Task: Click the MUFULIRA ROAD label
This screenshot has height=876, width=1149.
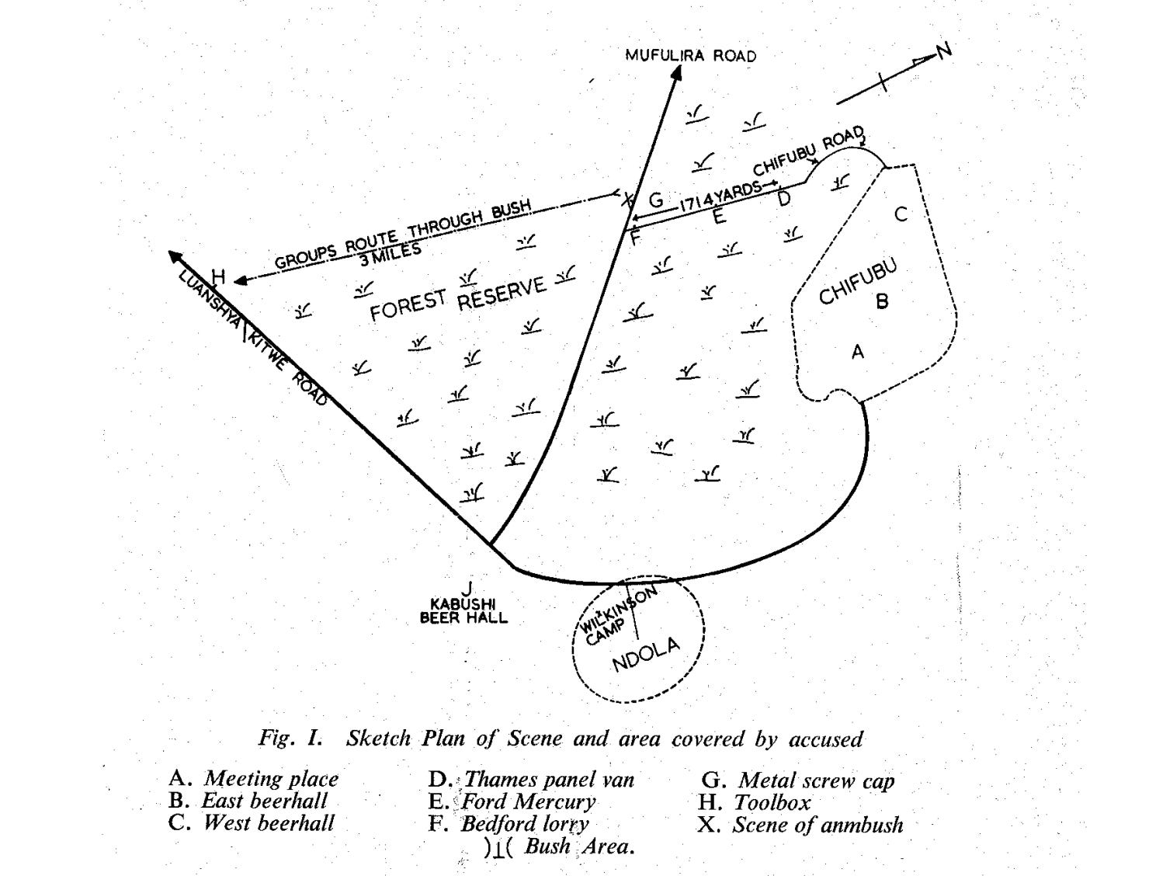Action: [x=690, y=55]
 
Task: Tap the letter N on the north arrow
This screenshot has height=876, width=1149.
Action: [x=942, y=51]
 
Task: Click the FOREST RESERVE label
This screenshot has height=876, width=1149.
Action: [x=458, y=295]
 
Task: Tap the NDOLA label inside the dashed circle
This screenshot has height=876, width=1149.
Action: [x=645, y=655]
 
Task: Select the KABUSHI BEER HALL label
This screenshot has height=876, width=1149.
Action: [x=463, y=610]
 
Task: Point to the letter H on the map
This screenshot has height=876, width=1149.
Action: [x=218, y=277]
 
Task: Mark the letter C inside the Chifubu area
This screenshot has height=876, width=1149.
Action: [x=901, y=214]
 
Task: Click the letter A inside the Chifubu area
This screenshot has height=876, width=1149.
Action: [x=857, y=353]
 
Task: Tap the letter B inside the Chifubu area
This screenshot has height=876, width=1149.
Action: [x=882, y=301]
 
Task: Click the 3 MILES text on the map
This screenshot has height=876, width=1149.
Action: [x=390, y=252]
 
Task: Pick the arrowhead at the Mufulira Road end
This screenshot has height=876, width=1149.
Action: [x=676, y=72]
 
